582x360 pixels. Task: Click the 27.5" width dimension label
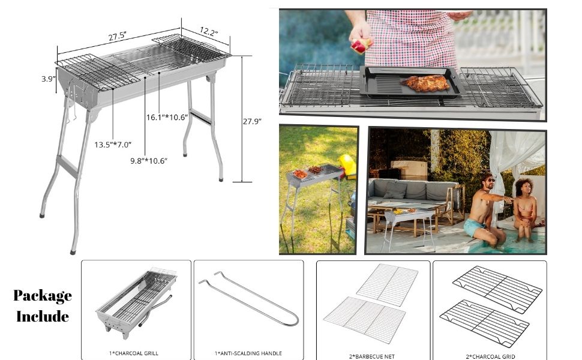[x=117, y=36]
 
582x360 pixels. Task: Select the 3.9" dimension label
[x=49, y=79]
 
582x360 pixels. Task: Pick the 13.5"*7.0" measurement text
[x=112, y=145]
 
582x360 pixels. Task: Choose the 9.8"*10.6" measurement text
[x=148, y=160]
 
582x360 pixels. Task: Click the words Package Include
[x=43, y=305]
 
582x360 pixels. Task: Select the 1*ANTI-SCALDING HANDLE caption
[x=248, y=353]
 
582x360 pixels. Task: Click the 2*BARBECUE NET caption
[x=372, y=356]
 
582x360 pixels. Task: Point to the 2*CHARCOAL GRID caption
[x=490, y=356]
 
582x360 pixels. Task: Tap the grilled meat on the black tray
[x=428, y=83]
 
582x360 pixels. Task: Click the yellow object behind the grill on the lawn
[x=348, y=166]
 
